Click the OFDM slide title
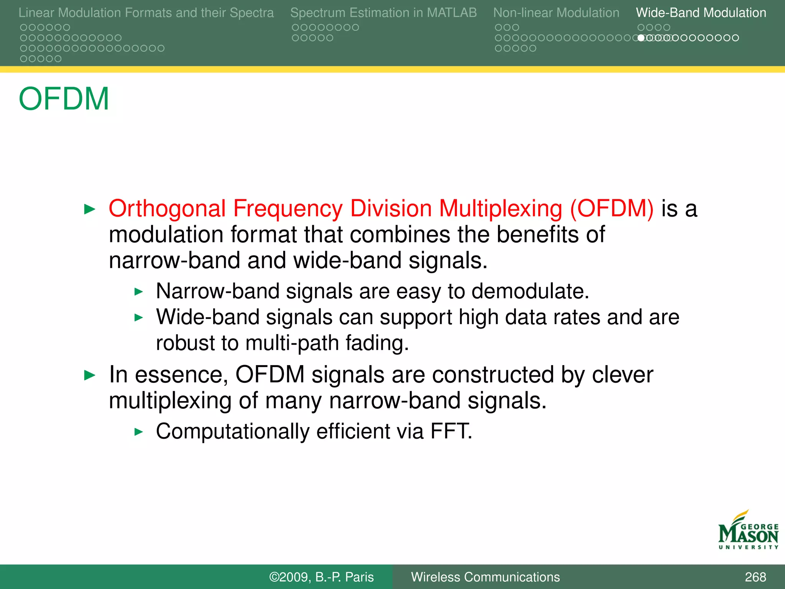(x=64, y=99)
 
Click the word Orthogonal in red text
(x=167, y=209)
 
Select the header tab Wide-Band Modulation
(x=701, y=13)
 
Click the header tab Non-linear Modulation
(x=556, y=13)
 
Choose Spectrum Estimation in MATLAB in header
(x=383, y=13)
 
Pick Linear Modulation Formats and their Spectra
(x=146, y=13)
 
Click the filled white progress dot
(x=641, y=38)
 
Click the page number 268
(x=755, y=577)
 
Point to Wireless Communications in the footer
(x=485, y=577)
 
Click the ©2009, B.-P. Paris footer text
(x=321, y=577)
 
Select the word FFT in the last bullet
(x=451, y=431)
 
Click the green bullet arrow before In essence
(x=89, y=375)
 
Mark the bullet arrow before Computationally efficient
(x=138, y=432)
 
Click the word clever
(x=622, y=375)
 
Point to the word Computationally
(x=233, y=431)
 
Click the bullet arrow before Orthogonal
(x=89, y=209)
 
